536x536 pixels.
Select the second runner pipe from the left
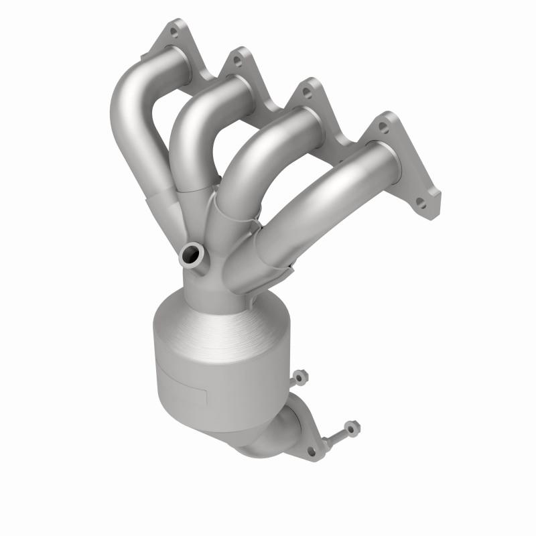pyautogui.click(x=191, y=134)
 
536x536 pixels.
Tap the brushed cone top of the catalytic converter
pyautogui.click(x=214, y=328)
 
